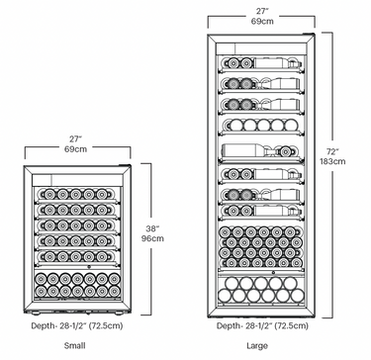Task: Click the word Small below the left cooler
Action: [x=74, y=346]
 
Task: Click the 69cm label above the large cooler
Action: [x=262, y=20]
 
